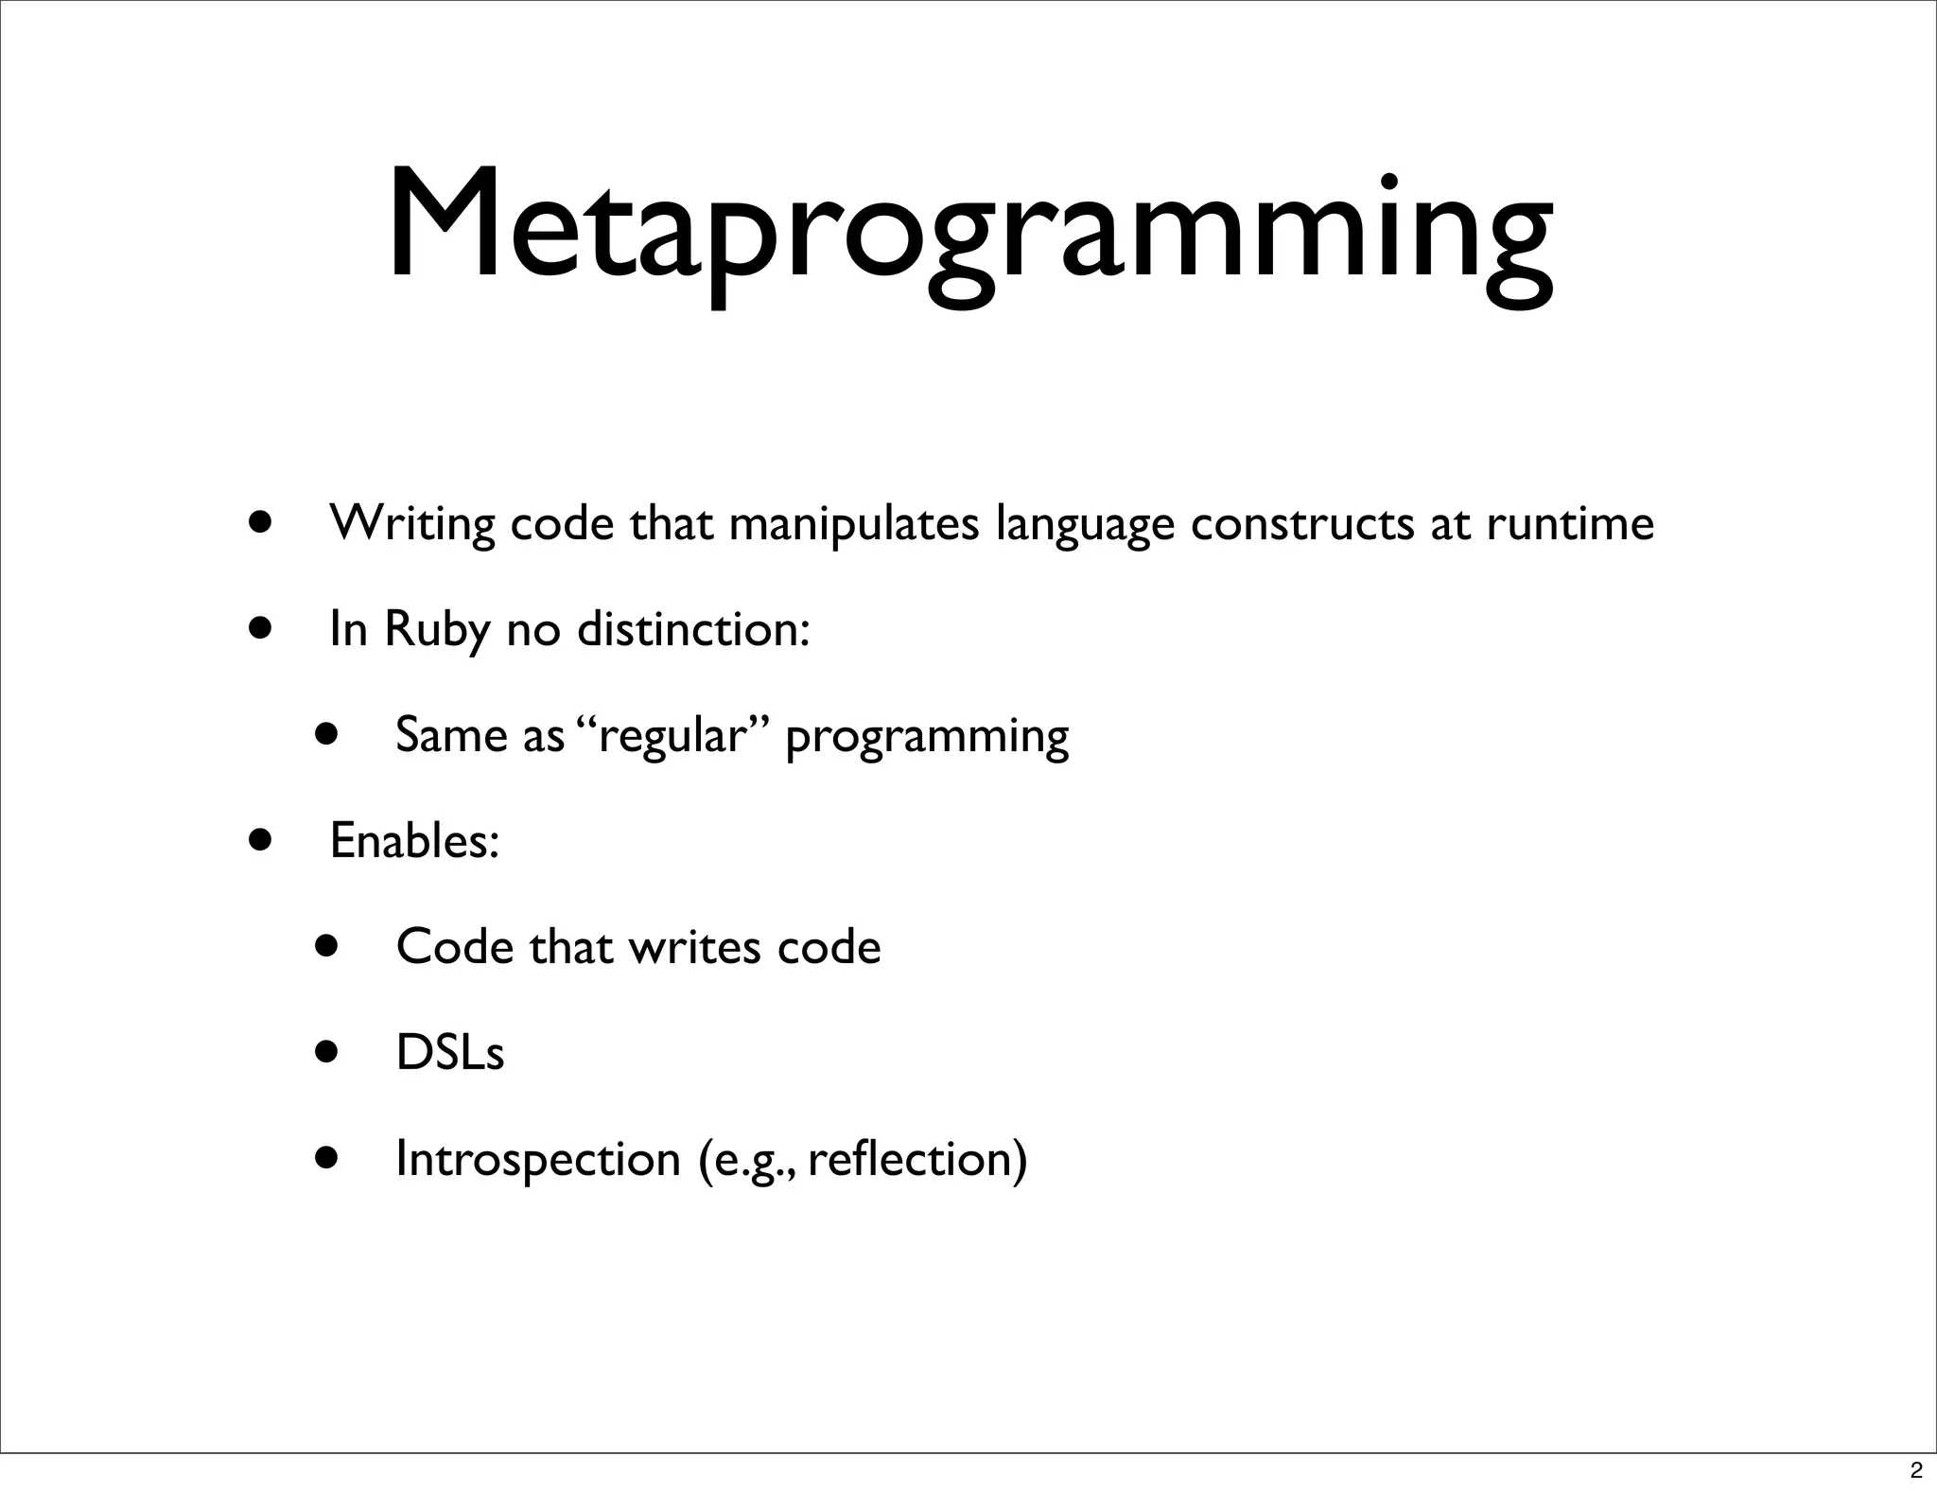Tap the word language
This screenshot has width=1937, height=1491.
click(x=1085, y=523)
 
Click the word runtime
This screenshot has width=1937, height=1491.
click(x=1570, y=523)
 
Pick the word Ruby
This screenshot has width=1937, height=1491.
click(x=438, y=629)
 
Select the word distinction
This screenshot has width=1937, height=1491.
click(x=693, y=629)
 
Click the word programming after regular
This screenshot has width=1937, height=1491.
click(x=927, y=735)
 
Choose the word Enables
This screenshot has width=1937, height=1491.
click(x=414, y=841)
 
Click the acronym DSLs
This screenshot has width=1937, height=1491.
click(x=450, y=1053)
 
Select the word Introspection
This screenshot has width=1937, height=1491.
click(x=538, y=1159)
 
